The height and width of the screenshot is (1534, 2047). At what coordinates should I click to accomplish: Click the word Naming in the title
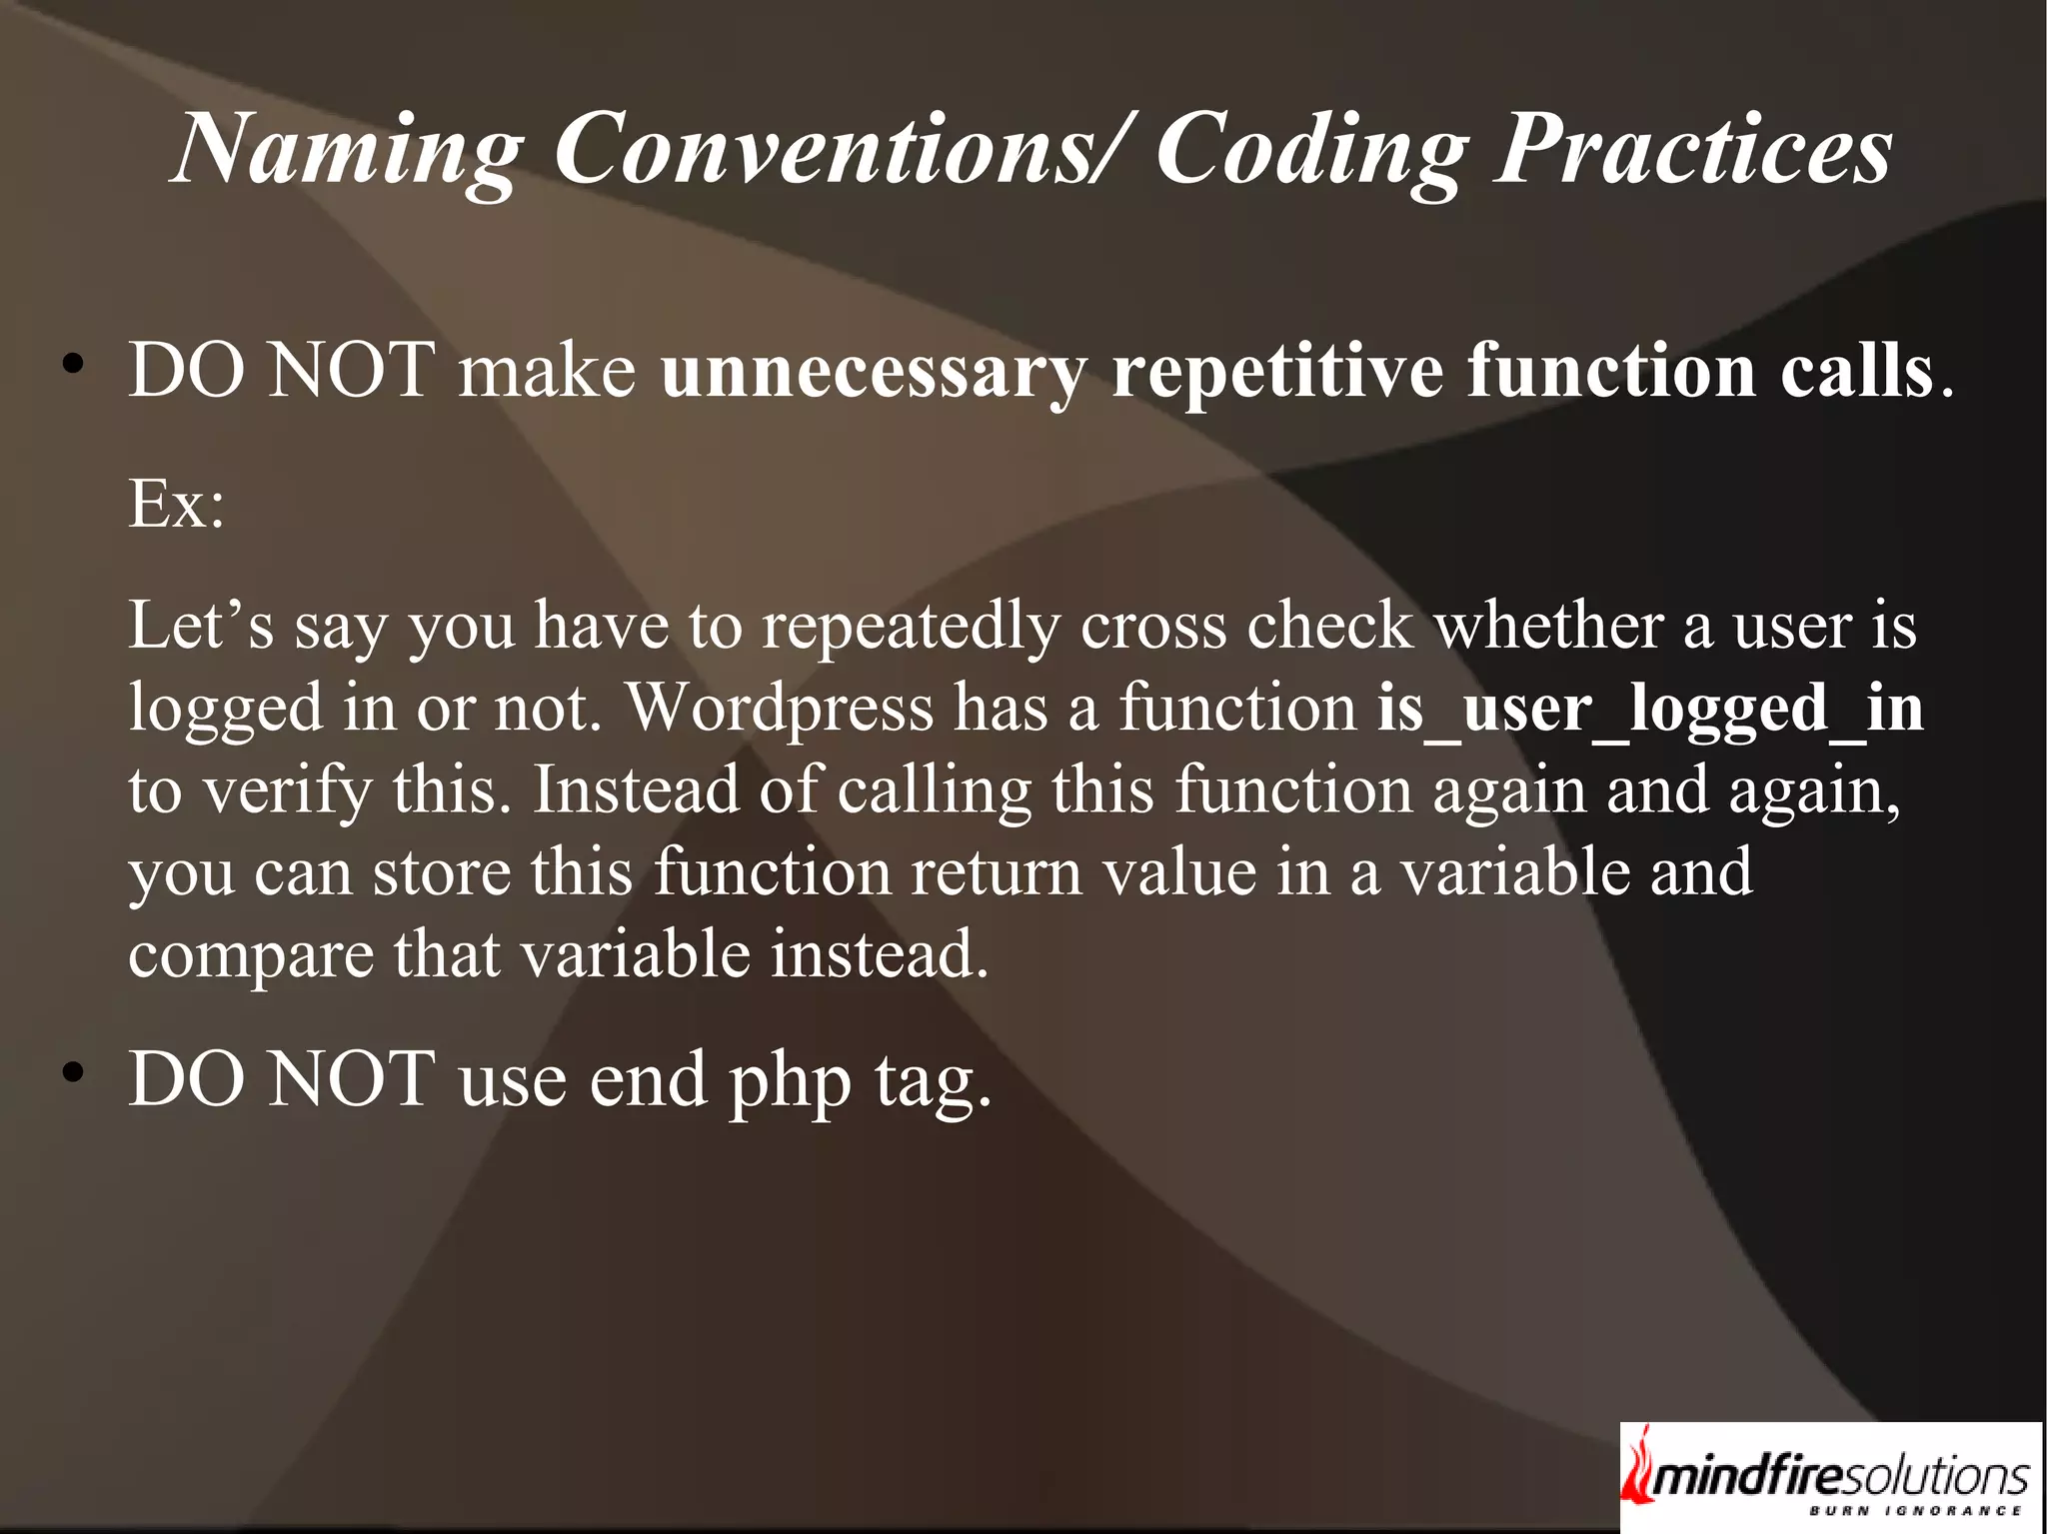tap(346, 150)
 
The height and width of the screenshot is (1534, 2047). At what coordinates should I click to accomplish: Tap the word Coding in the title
tap(1310, 150)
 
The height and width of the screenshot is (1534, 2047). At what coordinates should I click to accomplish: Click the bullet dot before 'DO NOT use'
tap(71, 1075)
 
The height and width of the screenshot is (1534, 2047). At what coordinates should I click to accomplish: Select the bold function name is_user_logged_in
tap(1649, 709)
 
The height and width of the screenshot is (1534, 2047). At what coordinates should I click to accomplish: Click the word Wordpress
tap(780, 709)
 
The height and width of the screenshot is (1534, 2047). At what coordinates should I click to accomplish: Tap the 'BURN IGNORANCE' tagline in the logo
tap(1914, 1511)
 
